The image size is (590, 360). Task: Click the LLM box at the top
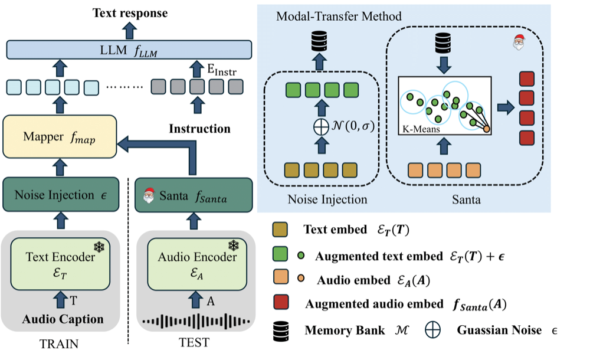[129, 50]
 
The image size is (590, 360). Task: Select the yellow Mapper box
[60, 136]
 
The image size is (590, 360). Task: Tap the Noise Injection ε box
[61, 195]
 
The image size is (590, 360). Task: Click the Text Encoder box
[60, 264]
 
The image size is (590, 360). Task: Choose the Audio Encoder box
[197, 264]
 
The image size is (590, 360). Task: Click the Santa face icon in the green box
[149, 195]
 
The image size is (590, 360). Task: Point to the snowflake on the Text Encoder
[99, 247]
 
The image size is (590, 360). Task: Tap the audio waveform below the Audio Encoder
[196, 321]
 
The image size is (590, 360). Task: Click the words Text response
[130, 13]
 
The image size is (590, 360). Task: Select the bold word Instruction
[199, 129]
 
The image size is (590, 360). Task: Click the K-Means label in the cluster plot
[421, 129]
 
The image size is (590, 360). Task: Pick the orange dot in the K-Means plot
[486, 129]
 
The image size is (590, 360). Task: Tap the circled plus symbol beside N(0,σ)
[321, 127]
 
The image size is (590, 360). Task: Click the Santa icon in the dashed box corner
[519, 42]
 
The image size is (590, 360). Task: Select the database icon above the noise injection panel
[319, 41]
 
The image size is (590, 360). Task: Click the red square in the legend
[281, 302]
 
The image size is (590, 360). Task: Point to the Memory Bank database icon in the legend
[281, 332]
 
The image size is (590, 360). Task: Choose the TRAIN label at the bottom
[59, 344]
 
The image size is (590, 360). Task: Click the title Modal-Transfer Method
[339, 16]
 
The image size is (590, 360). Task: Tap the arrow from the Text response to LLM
[129, 31]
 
